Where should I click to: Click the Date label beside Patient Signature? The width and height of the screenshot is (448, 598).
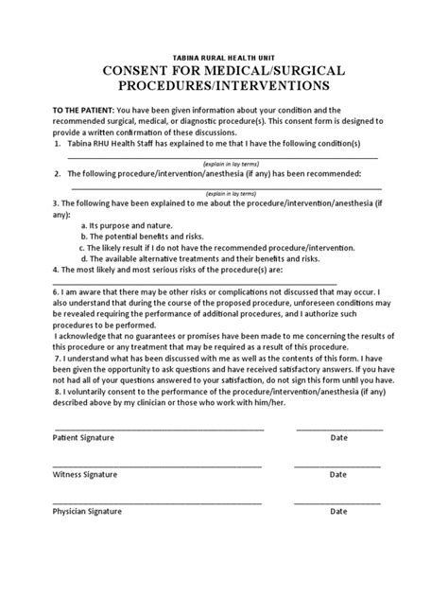pos(338,438)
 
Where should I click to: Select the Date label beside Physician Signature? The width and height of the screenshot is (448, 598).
pos(338,511)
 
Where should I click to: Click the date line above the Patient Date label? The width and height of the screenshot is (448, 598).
pos(339,429)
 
